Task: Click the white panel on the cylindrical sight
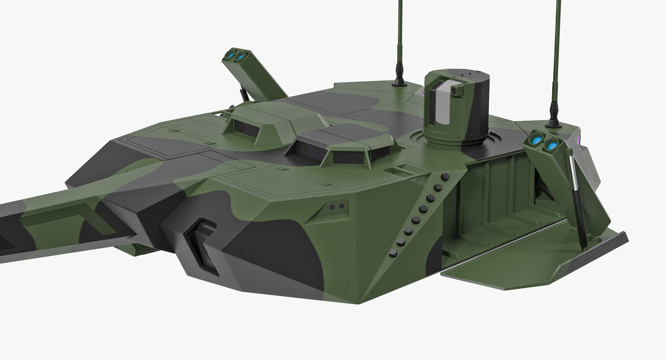[443, 105]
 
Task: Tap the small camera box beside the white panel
[457, 91]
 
